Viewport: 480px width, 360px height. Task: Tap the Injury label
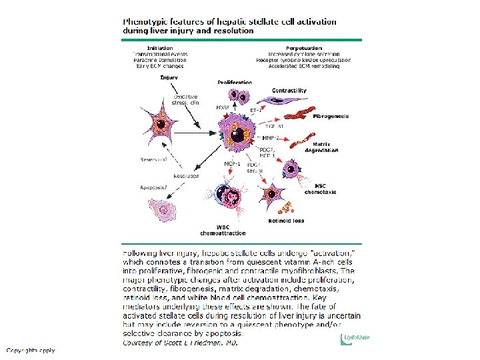point(169,77)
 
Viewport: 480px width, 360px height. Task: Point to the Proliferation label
point(235,82)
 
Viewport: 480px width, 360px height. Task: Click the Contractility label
point(289,90)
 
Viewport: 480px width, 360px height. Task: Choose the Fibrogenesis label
point(331,116)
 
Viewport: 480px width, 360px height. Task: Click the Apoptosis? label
point(153,187)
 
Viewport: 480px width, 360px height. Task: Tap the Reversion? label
point(153,160)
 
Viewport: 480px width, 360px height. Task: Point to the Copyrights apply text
point(31,350)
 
